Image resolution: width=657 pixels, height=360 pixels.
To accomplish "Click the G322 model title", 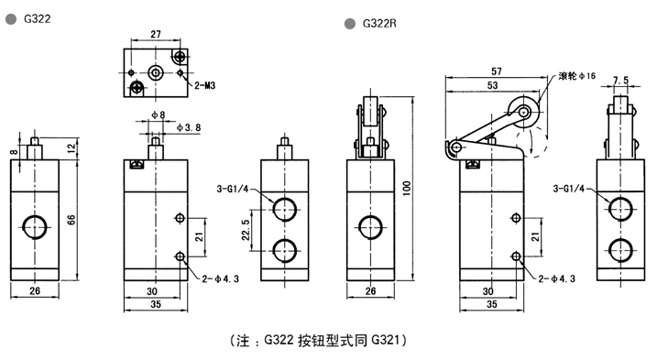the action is tap(38, 19).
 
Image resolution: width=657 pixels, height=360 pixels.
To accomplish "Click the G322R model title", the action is tap(379, 24).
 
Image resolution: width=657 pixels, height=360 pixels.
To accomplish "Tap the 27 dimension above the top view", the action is tap(156, 34).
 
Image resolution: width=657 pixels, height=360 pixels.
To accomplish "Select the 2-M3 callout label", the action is tap(205, 85).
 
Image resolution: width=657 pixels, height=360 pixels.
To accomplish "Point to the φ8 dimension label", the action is tap(159, 115).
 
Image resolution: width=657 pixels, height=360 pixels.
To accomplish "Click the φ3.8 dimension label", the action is tap(189, 127).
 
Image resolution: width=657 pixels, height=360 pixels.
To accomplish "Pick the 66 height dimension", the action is tap(71, 220).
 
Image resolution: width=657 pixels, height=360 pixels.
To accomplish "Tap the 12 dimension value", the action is tap(71, 147).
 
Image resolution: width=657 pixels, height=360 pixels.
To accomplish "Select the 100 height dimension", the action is tap(407, 188).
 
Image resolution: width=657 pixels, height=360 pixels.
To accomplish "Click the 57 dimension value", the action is tap(497, 71).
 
